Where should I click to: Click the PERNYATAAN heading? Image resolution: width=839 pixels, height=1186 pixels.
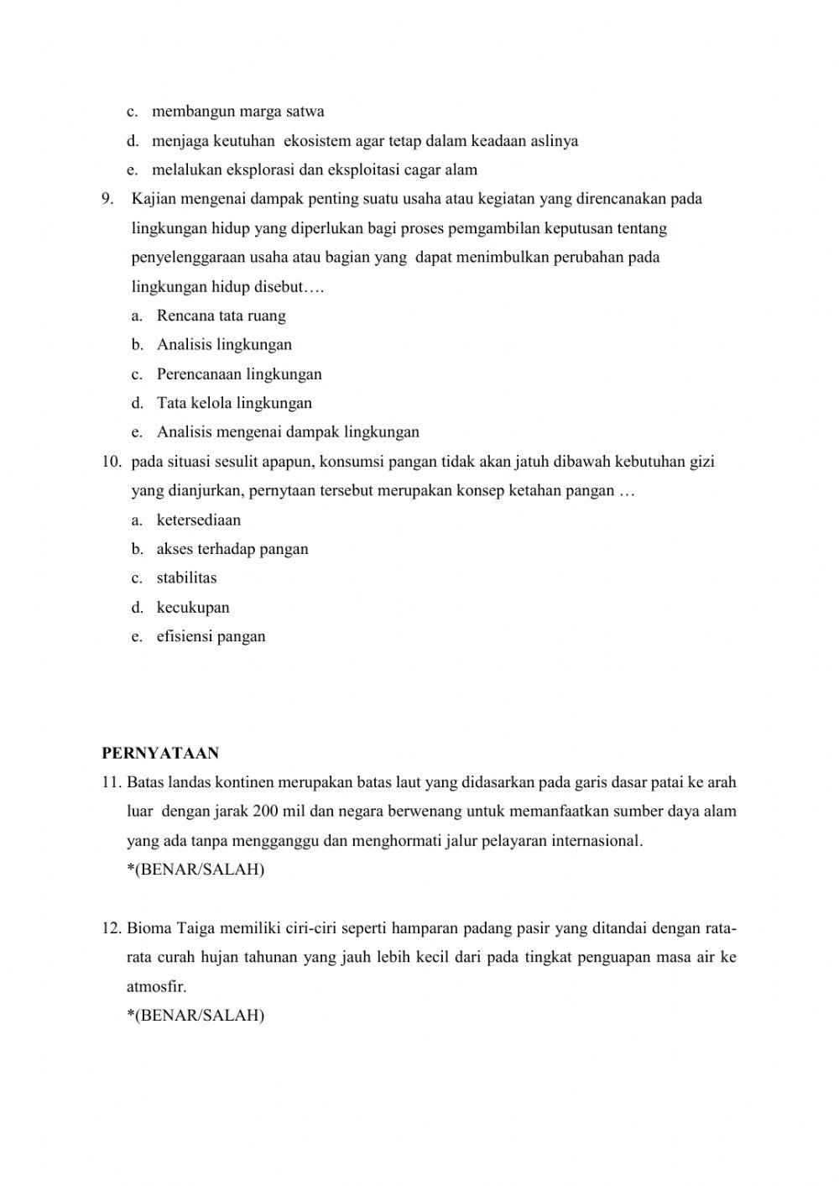point(160,753)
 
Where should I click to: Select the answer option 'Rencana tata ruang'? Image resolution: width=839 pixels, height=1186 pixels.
point(221,316)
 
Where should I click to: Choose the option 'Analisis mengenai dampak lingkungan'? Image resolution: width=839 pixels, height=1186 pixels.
point(287,432)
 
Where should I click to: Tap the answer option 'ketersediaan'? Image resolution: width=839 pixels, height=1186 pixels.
point(198,520)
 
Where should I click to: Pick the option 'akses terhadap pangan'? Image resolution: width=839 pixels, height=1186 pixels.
point(232,549)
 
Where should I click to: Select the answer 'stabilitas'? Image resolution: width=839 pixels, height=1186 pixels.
point(186,577)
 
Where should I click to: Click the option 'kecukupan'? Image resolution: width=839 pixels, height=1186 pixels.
point(192,607)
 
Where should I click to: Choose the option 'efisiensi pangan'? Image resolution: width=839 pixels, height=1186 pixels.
point(211,636)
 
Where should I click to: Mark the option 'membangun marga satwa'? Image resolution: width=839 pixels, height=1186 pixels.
point(237,112)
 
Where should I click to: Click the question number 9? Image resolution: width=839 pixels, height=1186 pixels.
point(107,199)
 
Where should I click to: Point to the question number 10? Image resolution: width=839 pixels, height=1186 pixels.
point(111,462)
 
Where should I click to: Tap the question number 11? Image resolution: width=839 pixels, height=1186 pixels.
point(112,782)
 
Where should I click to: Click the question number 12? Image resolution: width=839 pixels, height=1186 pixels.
point(112,928)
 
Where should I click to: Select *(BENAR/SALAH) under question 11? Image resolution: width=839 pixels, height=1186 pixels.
point(195,870)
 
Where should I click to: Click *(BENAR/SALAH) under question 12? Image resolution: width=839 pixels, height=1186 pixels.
point(195,1016)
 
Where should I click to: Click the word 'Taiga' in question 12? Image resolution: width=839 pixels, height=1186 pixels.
point(197,928)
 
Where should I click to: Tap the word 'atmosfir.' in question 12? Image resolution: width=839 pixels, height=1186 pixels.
point(156,987)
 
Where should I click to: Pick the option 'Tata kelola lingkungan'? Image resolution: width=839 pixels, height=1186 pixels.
point(234,403)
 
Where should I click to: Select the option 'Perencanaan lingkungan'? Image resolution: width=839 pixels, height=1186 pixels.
point(239,374)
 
